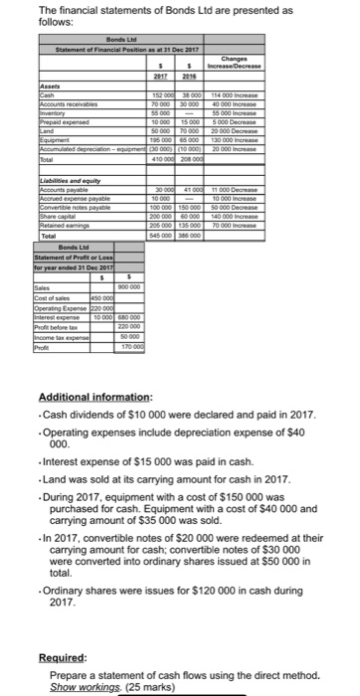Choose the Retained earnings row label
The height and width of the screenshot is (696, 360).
[x=64, y=221]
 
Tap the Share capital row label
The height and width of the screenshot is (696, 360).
[x=59, y=213]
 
